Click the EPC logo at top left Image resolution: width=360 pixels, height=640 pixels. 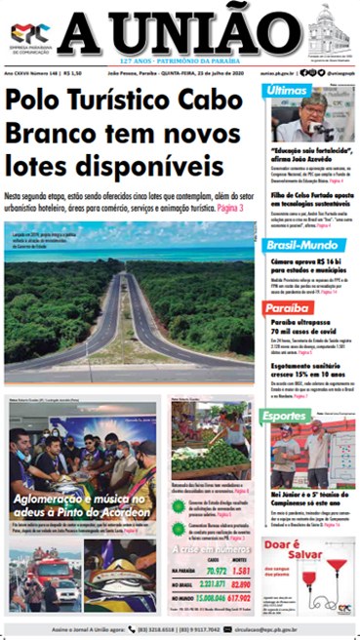pyautogui.click(x=26, y=31)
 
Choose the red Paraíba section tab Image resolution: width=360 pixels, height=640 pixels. pyautogui.click(x=287, y=308)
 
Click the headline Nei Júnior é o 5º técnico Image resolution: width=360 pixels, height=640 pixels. pyautogui.click(x=307, y=498)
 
